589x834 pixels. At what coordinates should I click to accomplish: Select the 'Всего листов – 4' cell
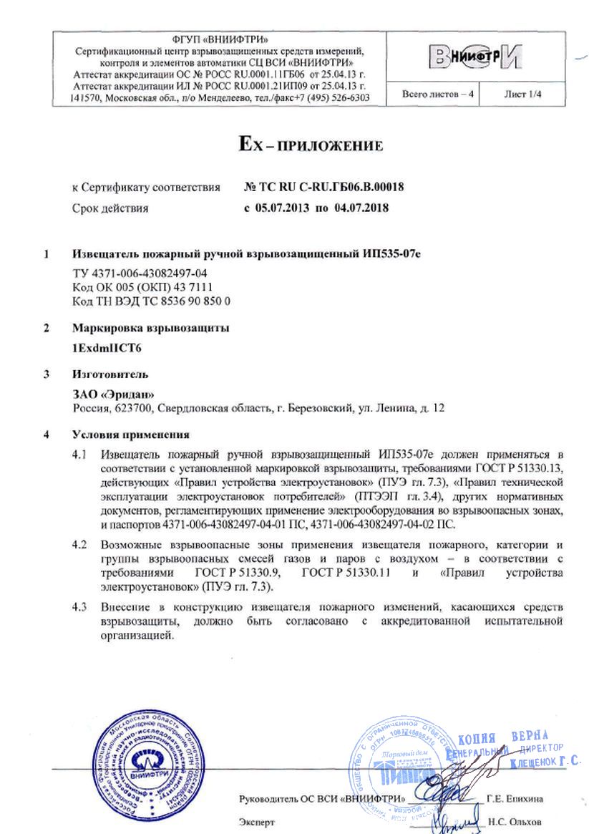tap(432, 94)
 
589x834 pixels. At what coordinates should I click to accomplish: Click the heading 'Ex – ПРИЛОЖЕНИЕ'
tap(311, 147)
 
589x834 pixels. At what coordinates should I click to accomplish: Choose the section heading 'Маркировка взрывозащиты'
tap(151, 329)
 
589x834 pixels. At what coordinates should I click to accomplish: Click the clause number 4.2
tap(84, 544)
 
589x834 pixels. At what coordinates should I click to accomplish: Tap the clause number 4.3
tap(84, 608)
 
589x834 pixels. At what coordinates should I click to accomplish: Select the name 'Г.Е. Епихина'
tap(514, 798)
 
